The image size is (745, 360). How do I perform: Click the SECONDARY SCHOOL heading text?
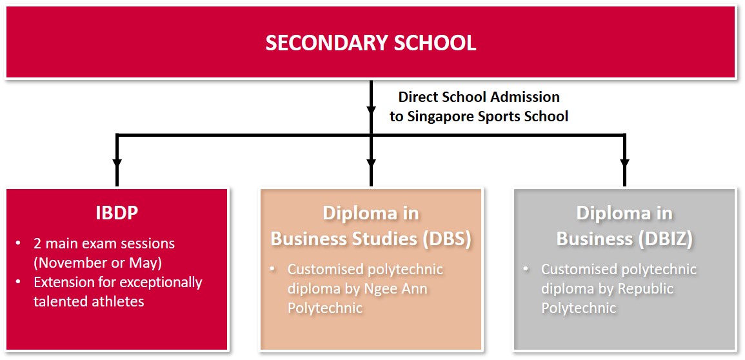(x=371, y=43)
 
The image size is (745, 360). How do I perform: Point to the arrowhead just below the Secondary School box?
(x=371, y=108)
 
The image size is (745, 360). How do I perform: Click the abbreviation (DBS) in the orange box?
(x=447, y=238)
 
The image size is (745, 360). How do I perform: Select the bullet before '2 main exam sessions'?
(x=19, y=244)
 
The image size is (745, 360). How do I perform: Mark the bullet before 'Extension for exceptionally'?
(x=19, y=283)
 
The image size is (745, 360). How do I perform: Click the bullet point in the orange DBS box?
(x=273, y=269)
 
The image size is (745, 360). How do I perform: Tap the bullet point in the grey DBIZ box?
(x=526, y=269)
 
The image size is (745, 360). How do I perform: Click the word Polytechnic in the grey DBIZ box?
(x=579, y=308)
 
